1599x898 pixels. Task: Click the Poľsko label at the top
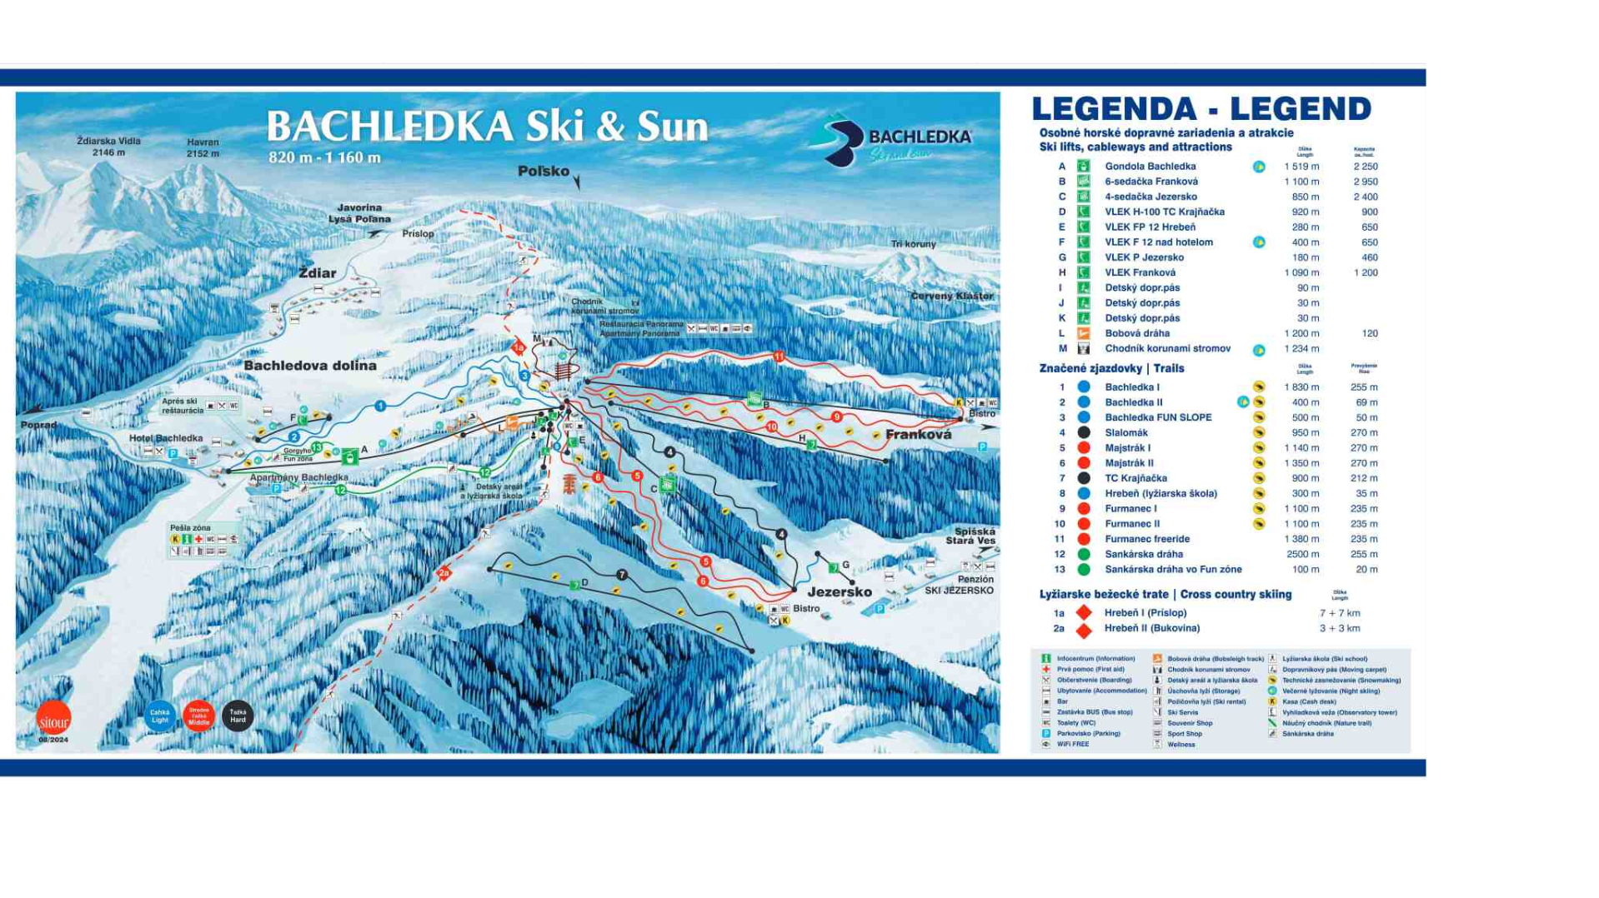tap(544, 171)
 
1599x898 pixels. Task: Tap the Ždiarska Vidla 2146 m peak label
tap(108, 146)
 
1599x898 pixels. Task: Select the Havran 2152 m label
tap(203, 147)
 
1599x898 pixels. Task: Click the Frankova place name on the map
tap(918, 434)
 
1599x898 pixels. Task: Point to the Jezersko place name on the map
tap(840, 591)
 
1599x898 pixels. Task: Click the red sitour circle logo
tap(53, 719)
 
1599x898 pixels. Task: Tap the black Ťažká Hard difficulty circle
tap(238, 716)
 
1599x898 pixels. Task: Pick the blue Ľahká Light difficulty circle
tap(160, 716)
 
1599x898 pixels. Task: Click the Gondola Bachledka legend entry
tap(1150, 167)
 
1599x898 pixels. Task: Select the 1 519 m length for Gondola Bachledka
tap(1301, 167)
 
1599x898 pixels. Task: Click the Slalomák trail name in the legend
tap(1125, 432)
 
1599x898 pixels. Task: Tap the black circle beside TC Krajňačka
tap(1083, 478)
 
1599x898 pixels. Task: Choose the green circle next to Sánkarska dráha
tap(1083, 554)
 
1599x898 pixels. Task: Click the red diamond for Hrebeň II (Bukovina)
tap(1083, 630)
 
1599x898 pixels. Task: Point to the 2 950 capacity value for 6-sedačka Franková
tap(1365, 182)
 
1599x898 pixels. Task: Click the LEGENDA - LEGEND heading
tap(1201, 109)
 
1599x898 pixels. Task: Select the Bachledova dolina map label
tap(310, 366)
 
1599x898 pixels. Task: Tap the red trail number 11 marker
tap(778, 357)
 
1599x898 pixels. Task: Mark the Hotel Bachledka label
tap(166, 438)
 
